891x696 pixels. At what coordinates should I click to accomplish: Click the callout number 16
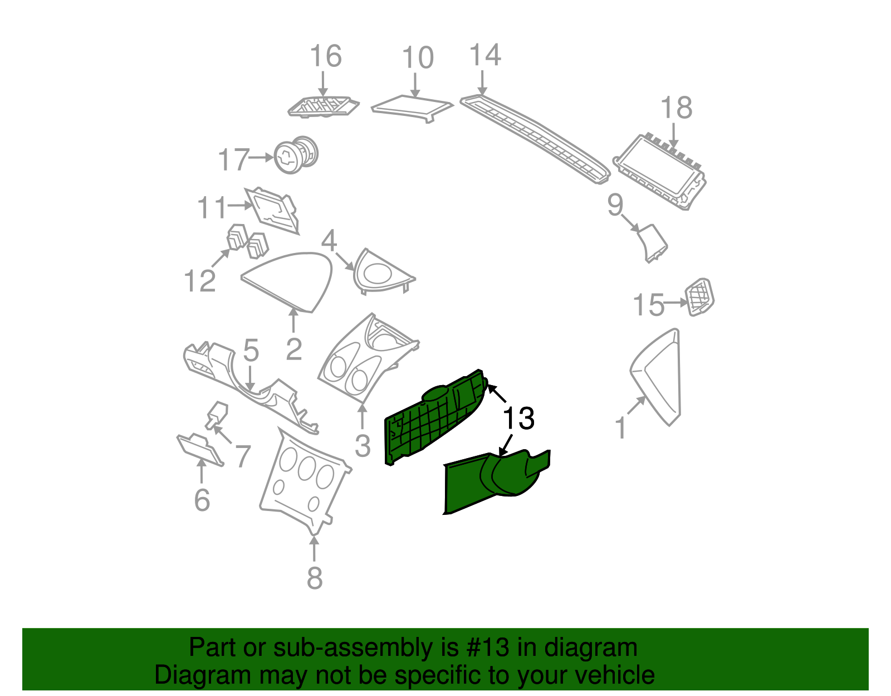[x=326, y=57]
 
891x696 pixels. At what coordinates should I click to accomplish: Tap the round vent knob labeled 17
[x=296, y=154]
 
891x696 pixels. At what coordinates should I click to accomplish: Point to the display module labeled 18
[x=660, y=171]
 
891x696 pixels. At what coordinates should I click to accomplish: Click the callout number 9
[x=615, y=206]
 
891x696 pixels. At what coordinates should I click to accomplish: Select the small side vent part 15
[x=699, y=296]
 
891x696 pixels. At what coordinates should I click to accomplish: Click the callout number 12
[x=200, y=281]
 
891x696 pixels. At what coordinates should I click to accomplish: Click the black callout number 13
[x=518, y=418]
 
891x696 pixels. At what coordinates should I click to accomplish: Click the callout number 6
[x=202, y=500]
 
